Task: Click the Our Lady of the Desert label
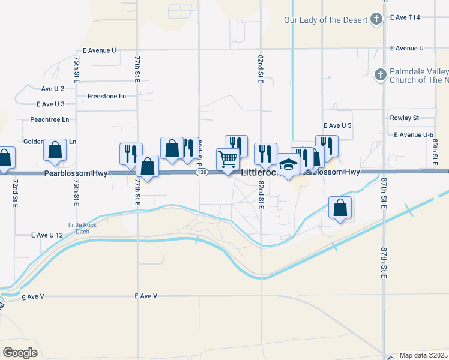click(325, 20)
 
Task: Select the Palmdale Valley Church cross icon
click(379, 75)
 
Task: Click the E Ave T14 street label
click(405, 17)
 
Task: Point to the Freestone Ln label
click(106, 96)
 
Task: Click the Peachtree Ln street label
click(50, 119)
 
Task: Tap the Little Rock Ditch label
click(82, 229)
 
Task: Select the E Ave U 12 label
click(47, 235)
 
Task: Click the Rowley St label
click(404, 118)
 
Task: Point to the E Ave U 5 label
click(337, 125)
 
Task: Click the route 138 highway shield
click(202, 173)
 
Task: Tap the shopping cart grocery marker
click(228, 160)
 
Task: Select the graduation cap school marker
click(289, 164)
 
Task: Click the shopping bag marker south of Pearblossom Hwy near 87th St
click(340, 208)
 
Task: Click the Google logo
click(20, 353)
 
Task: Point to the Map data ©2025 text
click(423, 355)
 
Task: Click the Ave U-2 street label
click(52, 89)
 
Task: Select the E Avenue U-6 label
click(414, 134)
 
